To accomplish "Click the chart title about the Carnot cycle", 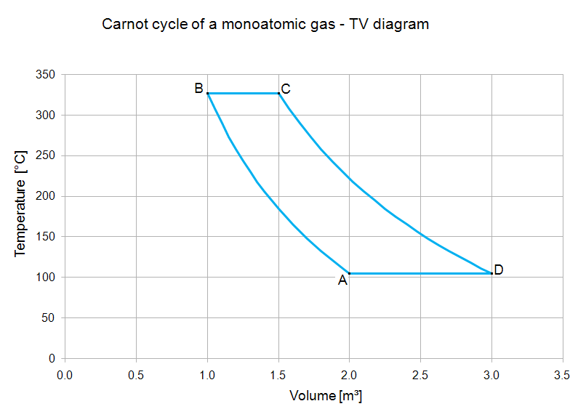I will click(x=265, y=24).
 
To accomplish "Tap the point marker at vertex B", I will click(x=208, y=93).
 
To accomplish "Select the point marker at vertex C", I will click(x=278, y=93).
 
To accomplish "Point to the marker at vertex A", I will click(x=350, y=273).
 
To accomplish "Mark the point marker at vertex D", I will click(x=491, y=273).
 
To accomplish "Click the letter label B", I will click(x=198, y=89).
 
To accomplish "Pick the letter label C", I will click(x=286, y=89).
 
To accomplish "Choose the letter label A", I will click(x=342, y=281).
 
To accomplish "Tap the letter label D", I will click(x=499, y=270).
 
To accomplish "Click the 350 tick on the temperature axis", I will click(x=48, y=75).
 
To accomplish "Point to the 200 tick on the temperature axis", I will click(x=48, y=196).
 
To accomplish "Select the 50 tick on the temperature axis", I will click(x=51, y=317).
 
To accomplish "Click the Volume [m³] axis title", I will click(x=326, y=396).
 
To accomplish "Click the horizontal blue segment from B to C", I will click(x=243, y=93).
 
